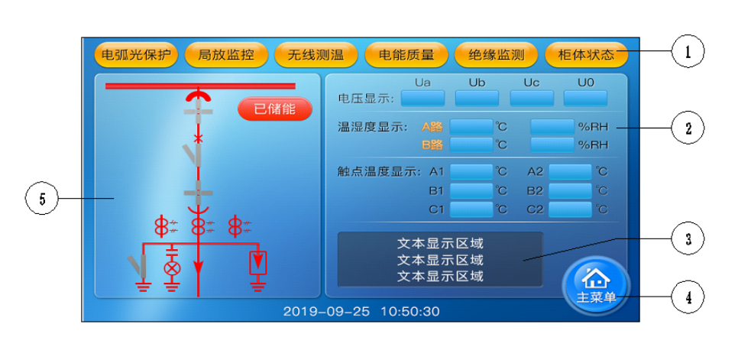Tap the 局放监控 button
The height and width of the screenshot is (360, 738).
pyautogui.click(x=226, y=55)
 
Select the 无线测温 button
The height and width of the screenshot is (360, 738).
pyautogui.click(x=316, y=55)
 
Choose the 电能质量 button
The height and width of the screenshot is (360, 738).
pyautogui.click(x=406, y=55)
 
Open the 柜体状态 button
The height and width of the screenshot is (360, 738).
pyautogui.click(x=586, y=55)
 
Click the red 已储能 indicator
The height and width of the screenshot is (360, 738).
pyautogui.click(x=275, y=109)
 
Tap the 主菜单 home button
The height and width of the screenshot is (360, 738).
pyautogui.click(x=596, y=286)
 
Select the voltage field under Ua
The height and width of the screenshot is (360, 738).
pyautogui.click(x=422, y=99)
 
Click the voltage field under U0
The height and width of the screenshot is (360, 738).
pyautogui.click(x=585, y=99)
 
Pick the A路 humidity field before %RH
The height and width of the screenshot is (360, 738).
pyautogui.click(x=552, y=127)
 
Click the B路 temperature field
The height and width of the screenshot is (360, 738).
pyautogui.click(x=471, y=144)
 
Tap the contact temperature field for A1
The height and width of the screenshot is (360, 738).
pyautogui.click(x=471, y=172)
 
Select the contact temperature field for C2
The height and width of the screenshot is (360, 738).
pyautogui.click(x=571, y=209)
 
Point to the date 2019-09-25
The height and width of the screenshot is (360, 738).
pyautogui.click(x=326, y=312)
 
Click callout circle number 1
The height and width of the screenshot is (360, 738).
pyautogui.click(x=688, y=51)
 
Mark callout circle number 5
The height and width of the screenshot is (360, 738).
pyautogui.click(x=41, y=198)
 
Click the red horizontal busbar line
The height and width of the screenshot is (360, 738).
pyautogui.click(x=200, y=86)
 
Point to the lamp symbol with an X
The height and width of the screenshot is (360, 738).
pyautogui.click(x=172, y=268)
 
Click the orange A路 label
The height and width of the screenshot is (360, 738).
pyautogui.click(x=432, y=127)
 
